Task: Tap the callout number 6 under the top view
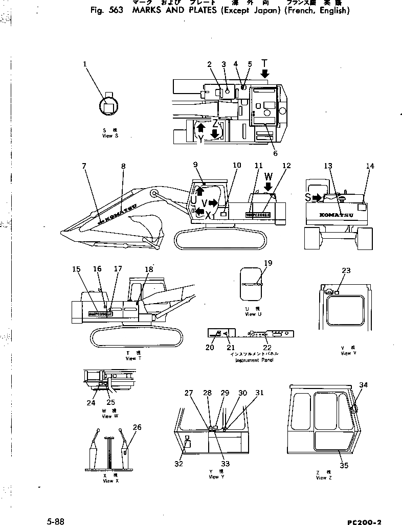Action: [275, 153]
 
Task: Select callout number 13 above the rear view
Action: [327, 166]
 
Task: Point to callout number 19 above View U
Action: [268, 263]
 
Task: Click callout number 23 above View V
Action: [346, 271]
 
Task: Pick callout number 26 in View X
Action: [137, 427]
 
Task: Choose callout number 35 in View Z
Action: [343, 465]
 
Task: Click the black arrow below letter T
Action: [264, 75]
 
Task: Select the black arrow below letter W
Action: [268, 187]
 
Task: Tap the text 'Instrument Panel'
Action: [254, 360]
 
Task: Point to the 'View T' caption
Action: [130, 358]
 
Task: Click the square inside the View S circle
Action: [108, 107]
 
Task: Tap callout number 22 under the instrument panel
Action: [267, 347]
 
